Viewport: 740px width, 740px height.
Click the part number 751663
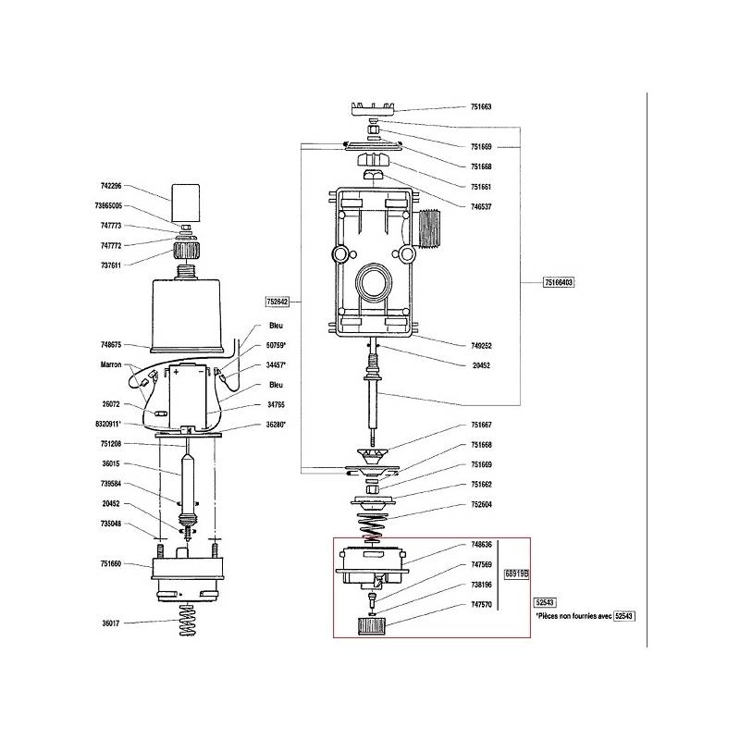point(481,106)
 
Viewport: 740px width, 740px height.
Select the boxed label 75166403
point(559,282)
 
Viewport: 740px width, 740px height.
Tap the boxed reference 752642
point(277,302)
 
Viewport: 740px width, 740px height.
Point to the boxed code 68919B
point(516,573)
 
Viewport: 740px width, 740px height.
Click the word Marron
point(111,364)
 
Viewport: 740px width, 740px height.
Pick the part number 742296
point(111,186)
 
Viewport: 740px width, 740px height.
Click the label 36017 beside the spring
point(111,623)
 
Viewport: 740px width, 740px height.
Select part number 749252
point(481,345)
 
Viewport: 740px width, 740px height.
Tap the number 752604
point(481,504)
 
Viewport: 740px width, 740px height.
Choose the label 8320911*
point(108,424)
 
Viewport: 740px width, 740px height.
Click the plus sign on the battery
point(176,372)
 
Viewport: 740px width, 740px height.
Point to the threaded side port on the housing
point(427,228)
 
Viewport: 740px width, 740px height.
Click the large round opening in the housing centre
point(374,284)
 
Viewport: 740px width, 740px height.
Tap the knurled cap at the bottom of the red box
point(372,626)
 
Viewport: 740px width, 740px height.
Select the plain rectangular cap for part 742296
point(185,203)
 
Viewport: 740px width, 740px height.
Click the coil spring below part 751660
point(188,620)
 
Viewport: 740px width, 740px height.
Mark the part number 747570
point(481,604)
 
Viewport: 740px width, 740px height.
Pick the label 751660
point(111,563)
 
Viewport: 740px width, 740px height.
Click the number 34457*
point(276,364)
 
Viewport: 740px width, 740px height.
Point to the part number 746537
point(481,206)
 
